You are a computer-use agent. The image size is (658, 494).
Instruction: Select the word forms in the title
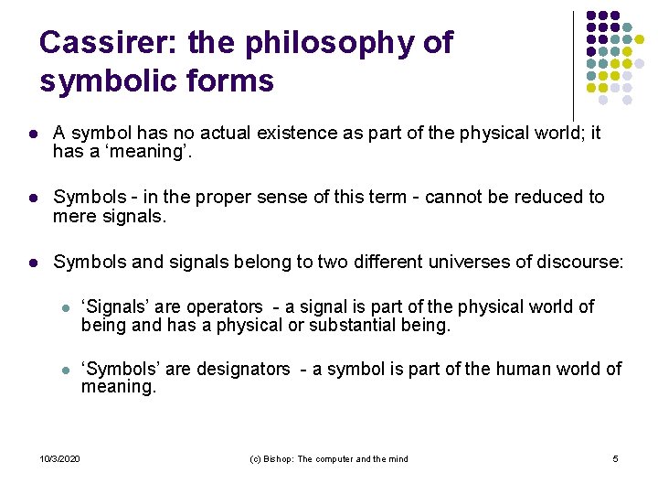(232, 81)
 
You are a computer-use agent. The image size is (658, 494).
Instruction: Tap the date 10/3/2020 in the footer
(60, 458)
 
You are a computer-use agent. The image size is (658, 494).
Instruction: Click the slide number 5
(615, 458)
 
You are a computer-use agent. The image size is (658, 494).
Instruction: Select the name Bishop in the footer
(278, 458)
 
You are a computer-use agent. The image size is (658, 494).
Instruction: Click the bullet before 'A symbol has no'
(33, 134)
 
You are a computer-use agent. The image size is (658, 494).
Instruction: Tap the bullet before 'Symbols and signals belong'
(33, 263)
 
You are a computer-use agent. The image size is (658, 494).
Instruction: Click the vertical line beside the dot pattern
(573, 64)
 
